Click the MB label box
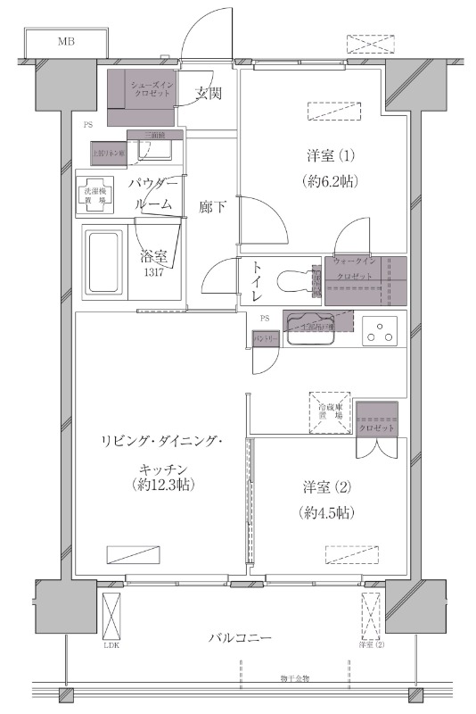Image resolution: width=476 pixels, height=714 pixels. point(66,42)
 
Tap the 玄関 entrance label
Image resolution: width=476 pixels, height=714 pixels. point(209,93)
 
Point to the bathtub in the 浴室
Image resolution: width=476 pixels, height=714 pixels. point(106,262)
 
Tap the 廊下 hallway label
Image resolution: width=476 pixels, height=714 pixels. point(212,207)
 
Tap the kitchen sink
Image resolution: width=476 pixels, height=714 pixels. point(308,329)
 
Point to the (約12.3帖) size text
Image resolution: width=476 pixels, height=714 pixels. point(161,486)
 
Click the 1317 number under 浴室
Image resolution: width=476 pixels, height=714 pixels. point(153,274)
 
